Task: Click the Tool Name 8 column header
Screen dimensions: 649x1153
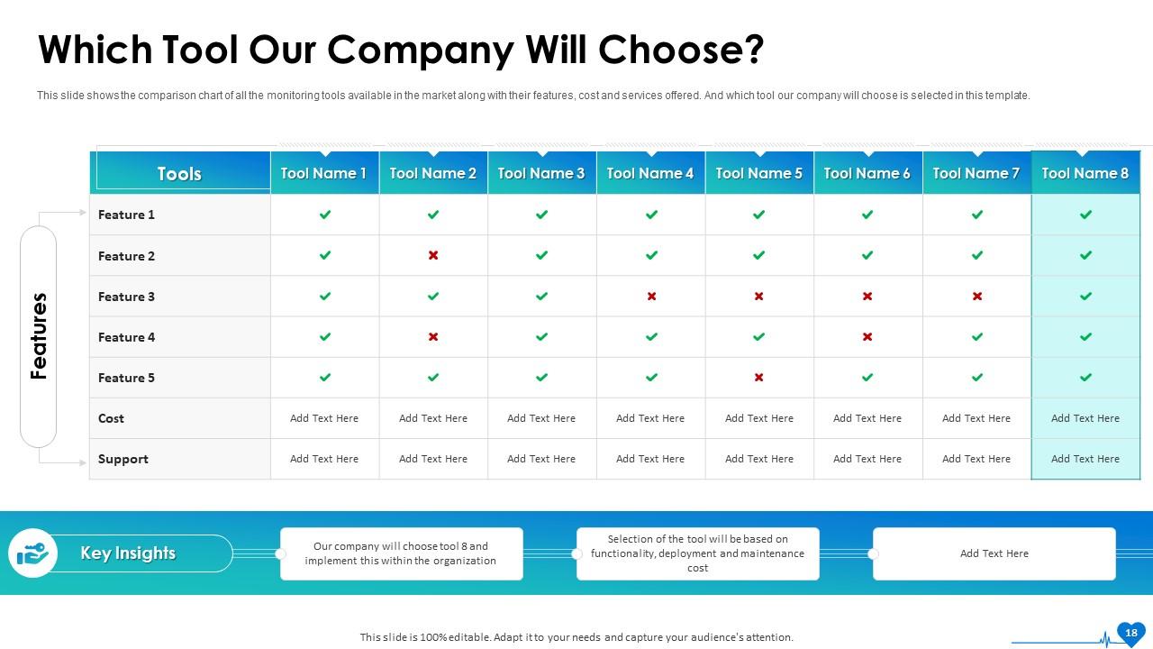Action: click(x=1085, y=173)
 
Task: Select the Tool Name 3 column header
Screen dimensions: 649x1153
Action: click(x=541, y=173)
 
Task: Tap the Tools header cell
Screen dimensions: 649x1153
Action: click(x=179, y=174)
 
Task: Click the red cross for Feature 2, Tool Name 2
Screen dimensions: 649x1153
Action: click(x=433, y=255)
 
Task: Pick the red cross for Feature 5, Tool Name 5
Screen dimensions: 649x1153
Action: click(x=758, y=378)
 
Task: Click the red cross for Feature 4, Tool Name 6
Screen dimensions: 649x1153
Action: click(x=867, y=337)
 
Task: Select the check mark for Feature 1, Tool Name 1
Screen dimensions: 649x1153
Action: click(x=325, y=215)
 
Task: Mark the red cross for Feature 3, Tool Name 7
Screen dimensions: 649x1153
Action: click(x=976, y=297)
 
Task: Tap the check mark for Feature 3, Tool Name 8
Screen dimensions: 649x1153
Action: click(x=1085, y=297)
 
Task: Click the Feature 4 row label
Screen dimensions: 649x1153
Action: click(x=127, y=337)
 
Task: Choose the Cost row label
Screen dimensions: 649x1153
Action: click(x=112, y=418)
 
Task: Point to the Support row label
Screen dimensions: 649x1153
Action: click(x=123, y=459)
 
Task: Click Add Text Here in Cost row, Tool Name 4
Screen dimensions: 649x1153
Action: click(x=650, y=418)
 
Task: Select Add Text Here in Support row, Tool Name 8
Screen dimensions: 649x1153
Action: click(x=1085, y=459)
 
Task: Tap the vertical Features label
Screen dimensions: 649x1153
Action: click(x=39, y=336)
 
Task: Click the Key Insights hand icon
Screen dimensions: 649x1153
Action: click(x=33, y=553)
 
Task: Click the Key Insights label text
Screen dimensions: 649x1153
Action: click(x=128, y=553)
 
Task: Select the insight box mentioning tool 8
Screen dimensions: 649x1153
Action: click(x=401, y=553)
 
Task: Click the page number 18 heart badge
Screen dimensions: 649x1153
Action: click(x=1130, y=633)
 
